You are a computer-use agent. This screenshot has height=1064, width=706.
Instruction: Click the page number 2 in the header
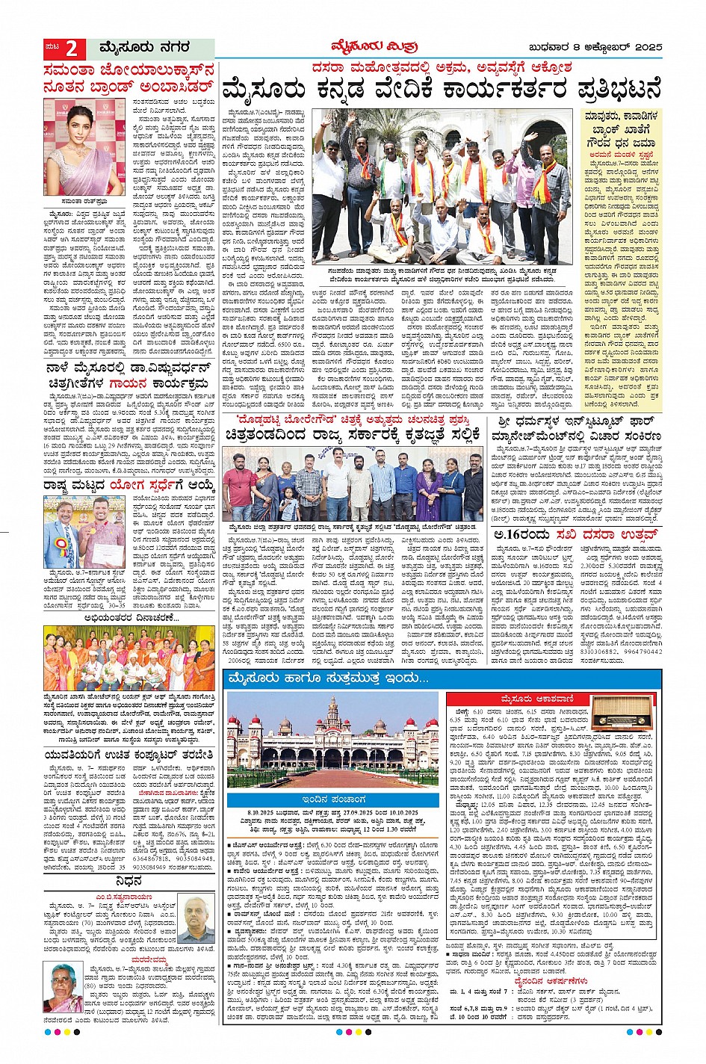tap(71, 49)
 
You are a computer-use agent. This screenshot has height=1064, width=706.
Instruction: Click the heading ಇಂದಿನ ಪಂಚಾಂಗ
tap(332, 799)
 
